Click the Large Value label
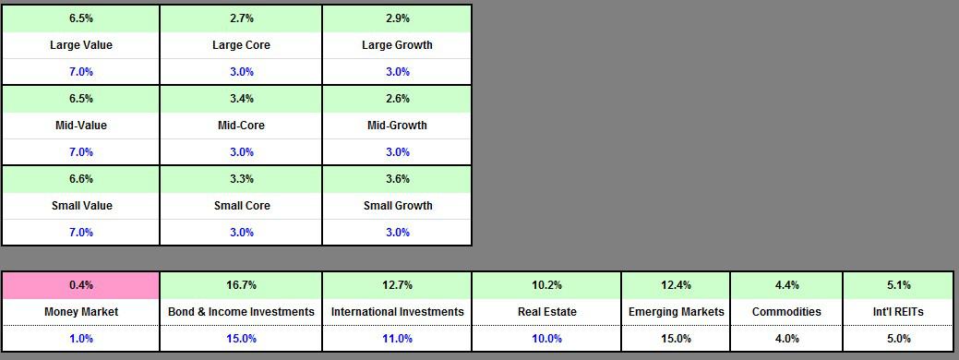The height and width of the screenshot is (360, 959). (81, 45)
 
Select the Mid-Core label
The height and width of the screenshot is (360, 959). (242, 126)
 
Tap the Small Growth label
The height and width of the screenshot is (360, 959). (398, 206)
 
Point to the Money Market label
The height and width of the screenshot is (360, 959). (81, 312)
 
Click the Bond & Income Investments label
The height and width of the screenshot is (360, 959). (242, 312)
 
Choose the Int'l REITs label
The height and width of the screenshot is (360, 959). (898, 312)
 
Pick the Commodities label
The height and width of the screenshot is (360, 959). (787, 312)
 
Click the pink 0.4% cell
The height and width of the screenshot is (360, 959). (81, 285)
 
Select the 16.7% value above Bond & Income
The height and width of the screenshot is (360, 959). (242, 285)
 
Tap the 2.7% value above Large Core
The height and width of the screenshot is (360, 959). (242, 18)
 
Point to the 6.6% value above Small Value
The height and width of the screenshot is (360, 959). (81, 179)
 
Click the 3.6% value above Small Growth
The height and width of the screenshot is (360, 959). (398, 179)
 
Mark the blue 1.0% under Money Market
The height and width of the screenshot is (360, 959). (81, 339)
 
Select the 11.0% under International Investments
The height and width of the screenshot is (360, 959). (398, 339)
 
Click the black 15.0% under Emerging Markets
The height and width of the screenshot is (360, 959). (677, 339)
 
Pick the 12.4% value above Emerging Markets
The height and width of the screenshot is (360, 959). (677, 285)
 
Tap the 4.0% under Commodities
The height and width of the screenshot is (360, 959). (787, 339)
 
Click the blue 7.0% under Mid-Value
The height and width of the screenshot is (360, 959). (81, 152)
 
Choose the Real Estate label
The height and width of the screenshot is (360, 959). (546, 312)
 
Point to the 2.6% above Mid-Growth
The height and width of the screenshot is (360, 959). (398, 99)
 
